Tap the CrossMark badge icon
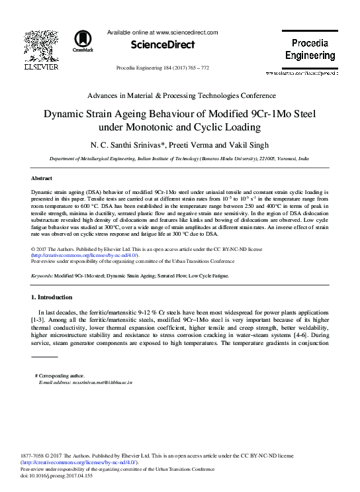pyautogui.click(x=83, y=42)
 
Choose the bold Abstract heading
pyautogui.click(x=43, y=179)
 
